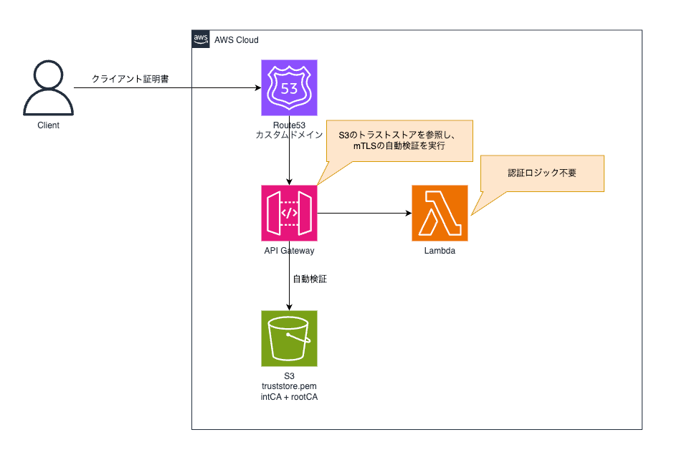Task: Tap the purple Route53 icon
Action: point(289,87)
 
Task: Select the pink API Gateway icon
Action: point(289,213)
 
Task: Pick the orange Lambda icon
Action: point(440,213)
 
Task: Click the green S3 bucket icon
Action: point(289,337)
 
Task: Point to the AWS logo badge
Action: point(201,39)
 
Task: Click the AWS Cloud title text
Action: point(237,40)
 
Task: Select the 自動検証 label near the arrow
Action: point(310,279)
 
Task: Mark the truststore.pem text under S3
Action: point(289,387)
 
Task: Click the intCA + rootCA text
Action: point(289,398)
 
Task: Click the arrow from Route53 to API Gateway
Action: point(289,161)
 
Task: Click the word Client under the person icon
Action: point(48,125)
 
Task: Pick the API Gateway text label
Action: point(289,251)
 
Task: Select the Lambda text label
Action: point(440,251)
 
